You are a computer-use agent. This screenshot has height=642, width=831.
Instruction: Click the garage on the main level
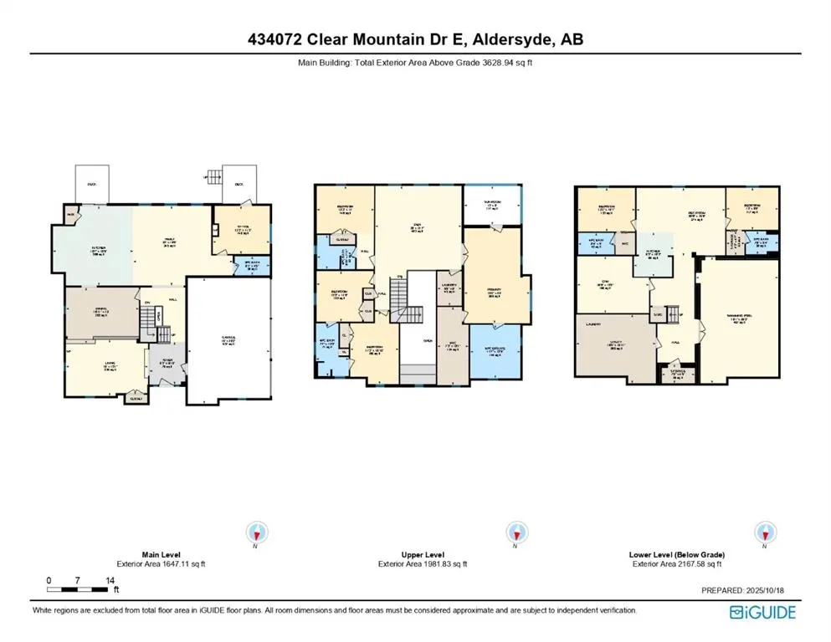pos(228,341)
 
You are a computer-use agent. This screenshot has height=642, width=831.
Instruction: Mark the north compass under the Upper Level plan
pos(516,532)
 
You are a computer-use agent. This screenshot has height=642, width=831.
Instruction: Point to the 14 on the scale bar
pos(110,579)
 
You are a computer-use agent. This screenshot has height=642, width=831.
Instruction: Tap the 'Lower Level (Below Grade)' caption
pos(676,554)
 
